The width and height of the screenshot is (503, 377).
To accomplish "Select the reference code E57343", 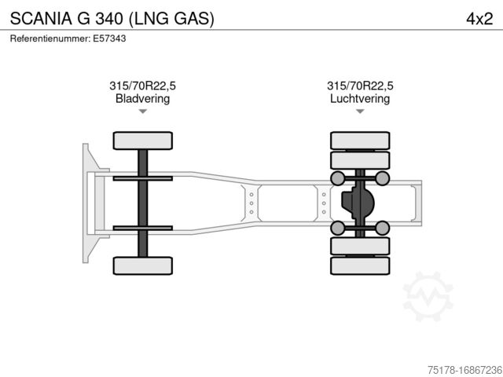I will point(110,38).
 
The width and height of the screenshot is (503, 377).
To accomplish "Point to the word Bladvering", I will point(142,99).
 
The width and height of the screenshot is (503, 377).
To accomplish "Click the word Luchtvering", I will point(360,99).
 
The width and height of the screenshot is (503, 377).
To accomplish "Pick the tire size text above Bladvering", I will point(142,86).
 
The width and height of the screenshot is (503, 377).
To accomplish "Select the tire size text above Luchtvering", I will point(360,86).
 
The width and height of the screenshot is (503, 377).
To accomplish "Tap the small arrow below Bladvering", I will point(142,112).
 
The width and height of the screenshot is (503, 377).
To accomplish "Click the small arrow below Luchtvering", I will point(360,112).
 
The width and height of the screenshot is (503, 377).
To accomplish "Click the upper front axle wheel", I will point(142,141).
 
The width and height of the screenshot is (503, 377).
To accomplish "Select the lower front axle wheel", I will point(142,265).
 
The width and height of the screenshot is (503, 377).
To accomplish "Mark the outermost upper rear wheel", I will point(360,141).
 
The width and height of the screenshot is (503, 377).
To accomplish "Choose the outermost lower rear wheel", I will point(360,265).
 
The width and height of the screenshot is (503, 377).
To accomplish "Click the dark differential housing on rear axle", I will point(357,203).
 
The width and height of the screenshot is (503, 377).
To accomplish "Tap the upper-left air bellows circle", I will point(338,178).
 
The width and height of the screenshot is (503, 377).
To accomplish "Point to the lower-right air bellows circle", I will point(382,229).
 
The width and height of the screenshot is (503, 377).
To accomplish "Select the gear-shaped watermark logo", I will point(428,296).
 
